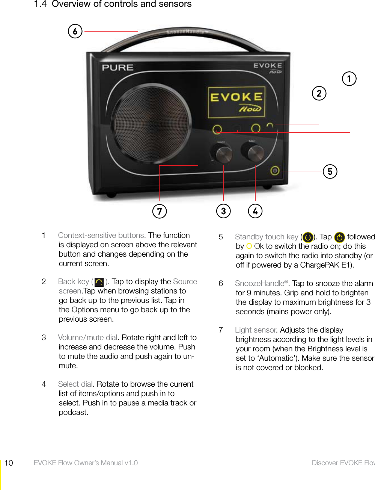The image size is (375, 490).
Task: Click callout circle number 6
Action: pyautogui.click(x=75, y=31)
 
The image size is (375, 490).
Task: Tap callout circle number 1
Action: pyautogui.click(x=349, y=79)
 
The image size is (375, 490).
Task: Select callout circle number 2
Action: pyautogui.click(x=319, y=93)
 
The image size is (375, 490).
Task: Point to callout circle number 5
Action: pyautogui.click(x=330, y=171)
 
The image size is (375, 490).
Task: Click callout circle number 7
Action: pyautogui.click(x=160, y=211)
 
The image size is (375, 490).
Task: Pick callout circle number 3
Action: pyautogui.click(x=223, y=211)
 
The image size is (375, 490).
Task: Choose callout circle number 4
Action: pyautogui.click(x=255, y=211)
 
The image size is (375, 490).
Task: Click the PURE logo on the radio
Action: pyautogui.click(x=117, y=68)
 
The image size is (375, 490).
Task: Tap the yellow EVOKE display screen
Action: pyautogui.click(x=236, y=102)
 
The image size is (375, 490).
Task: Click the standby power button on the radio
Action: pyautogui.click(x=275, y=171)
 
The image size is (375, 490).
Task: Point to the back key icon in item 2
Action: pyautogui.click(x=99, y=282)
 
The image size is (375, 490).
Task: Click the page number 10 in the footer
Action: pyautogui.click(x=9, y=463)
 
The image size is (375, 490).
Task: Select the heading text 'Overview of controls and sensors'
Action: pyautogui.click(x=122, y=4)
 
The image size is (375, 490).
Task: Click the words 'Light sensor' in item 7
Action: pyautogui.click(x=255, y=330)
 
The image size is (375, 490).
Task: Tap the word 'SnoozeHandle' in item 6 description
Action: pyautogui.click(x=259, y=283)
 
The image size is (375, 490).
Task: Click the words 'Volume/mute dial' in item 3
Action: pyautogui.click(x=87, y=337)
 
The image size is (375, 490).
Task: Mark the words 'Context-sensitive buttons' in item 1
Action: pyautogui.click(x=101, y=235)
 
